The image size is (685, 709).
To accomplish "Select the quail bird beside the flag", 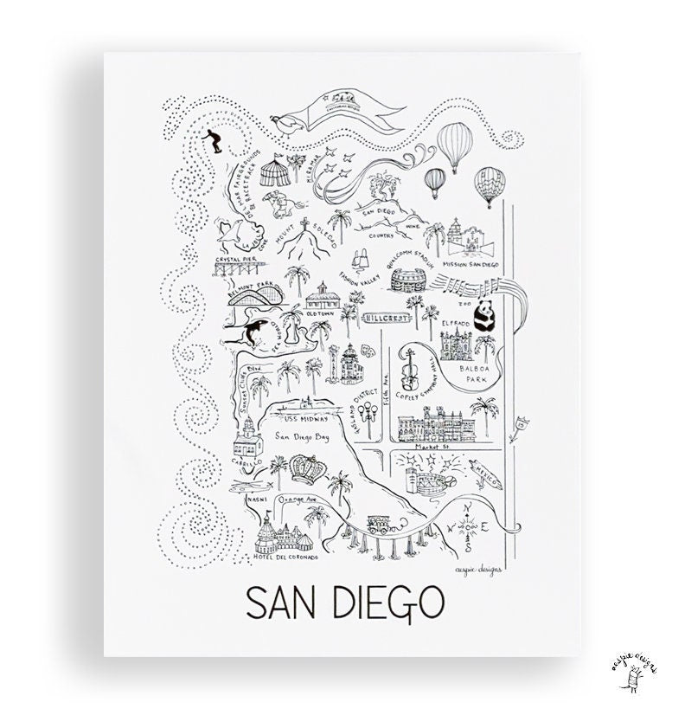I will point(286,128).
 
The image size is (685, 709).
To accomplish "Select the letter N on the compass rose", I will point(467,508).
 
